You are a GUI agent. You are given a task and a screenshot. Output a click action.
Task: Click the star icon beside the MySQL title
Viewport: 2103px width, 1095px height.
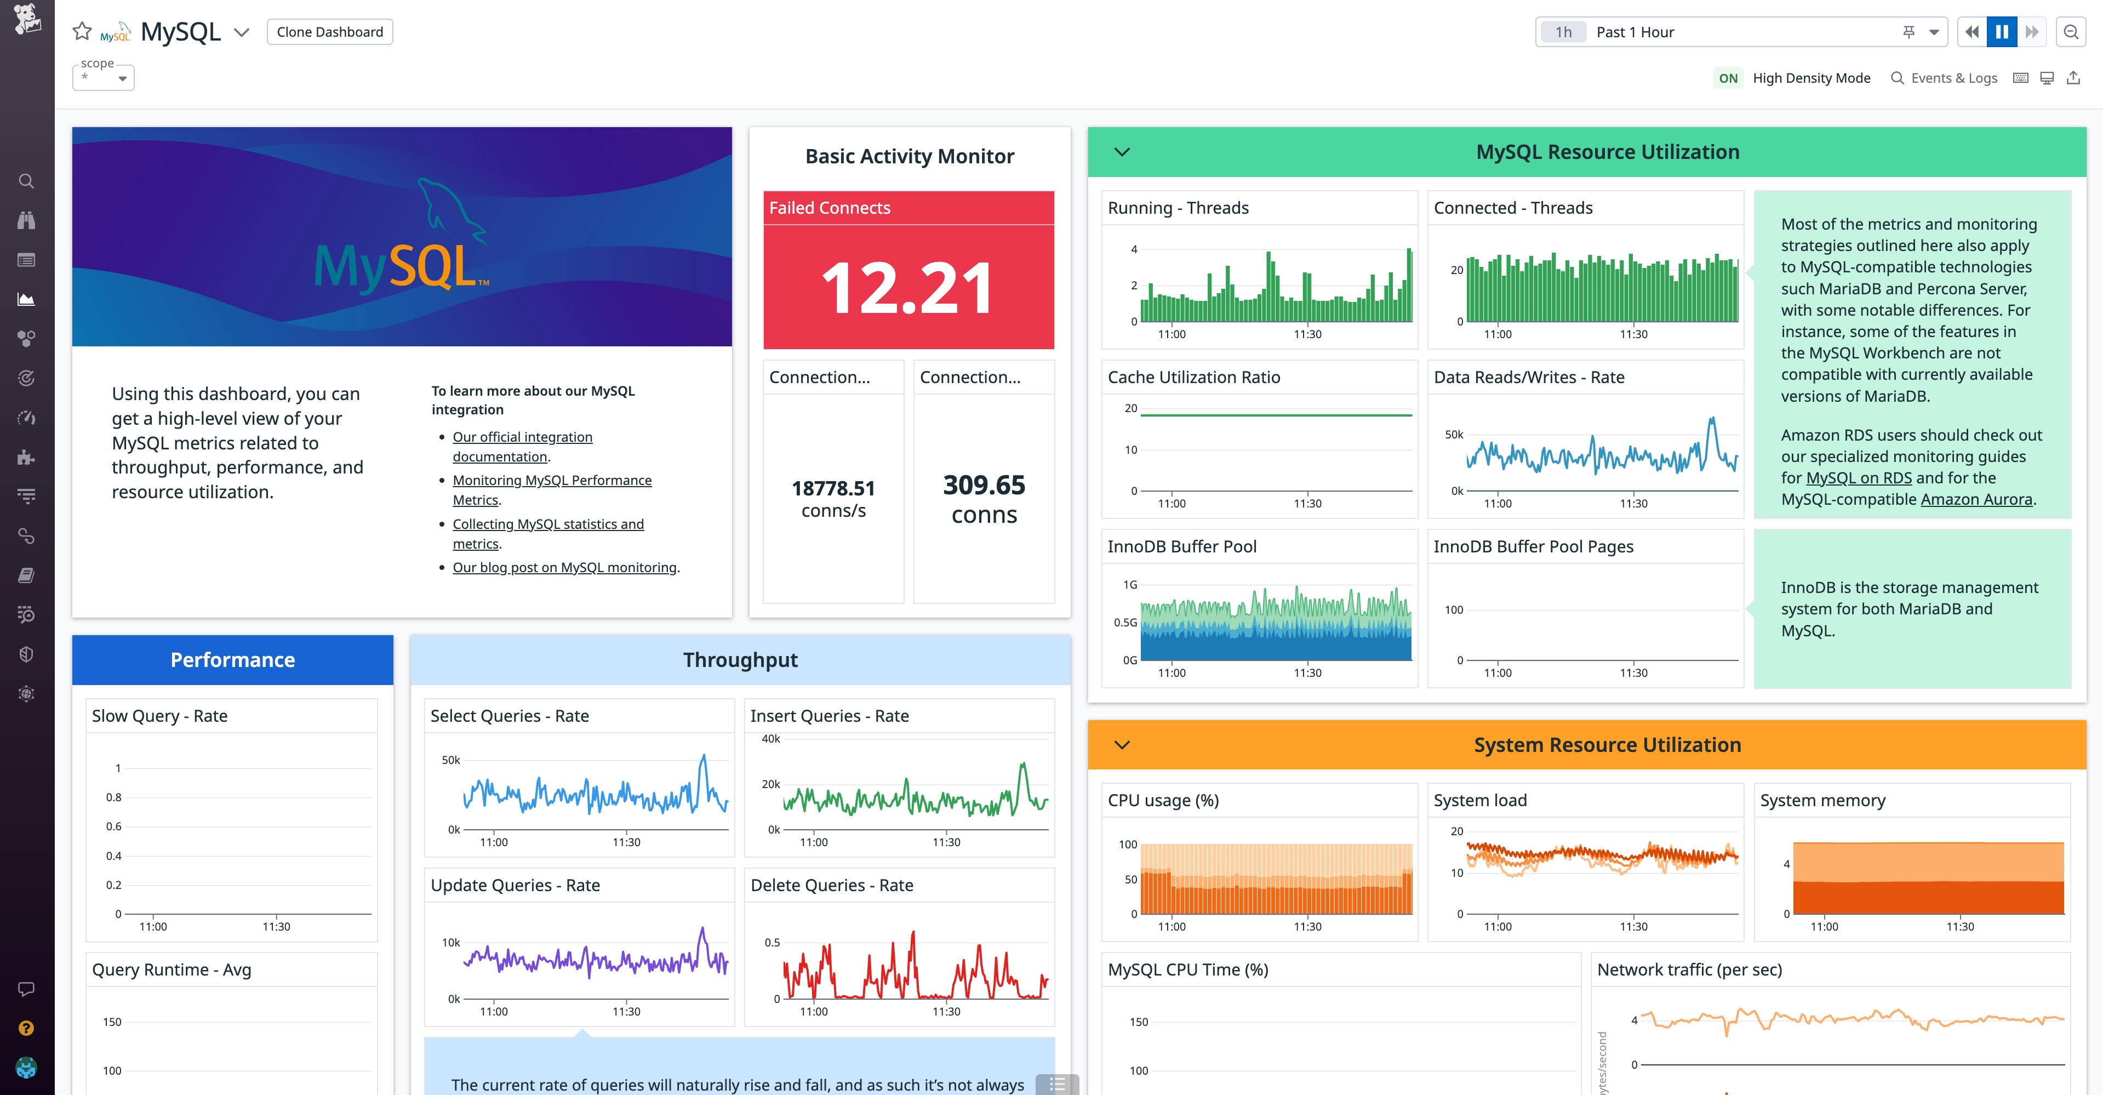pyautogui.click(x=82, y=32)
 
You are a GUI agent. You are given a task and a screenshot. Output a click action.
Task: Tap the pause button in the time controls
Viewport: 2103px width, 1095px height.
pyautogui.click(x=2002, y=32)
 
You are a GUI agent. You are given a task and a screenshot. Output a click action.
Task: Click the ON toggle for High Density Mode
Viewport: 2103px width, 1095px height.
pyautogui.click(x=1728, y=78)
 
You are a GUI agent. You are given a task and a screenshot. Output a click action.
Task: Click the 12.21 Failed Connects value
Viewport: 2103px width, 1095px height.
pyautogui.click(x=908, y=288)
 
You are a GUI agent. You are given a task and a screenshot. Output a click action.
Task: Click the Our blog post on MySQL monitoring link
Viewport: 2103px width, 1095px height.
pyautogui.click(x=565, y=568)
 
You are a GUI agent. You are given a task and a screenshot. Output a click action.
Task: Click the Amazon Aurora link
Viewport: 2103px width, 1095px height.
pyautogui.click(x=1976, y=500)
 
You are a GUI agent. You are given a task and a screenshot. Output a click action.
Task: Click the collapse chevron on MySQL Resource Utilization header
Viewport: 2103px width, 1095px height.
pyautogui.click(x=1122, y=152)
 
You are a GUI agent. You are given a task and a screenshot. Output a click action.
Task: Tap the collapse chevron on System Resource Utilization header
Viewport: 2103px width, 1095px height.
pyautogui.click(x=1122, y=745)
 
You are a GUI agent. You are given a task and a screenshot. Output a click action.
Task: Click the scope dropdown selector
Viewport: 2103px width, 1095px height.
pyautogui.click(x=104, y=78)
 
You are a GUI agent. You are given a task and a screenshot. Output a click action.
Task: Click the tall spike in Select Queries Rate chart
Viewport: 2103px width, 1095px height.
pyautogui.click(x=703, y=760)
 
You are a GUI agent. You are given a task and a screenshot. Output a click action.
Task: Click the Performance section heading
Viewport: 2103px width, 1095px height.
pyautogui.click(x=233, y=660)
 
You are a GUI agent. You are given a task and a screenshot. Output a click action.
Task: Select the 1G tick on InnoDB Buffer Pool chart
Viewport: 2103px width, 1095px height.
pyautogui.click(x=1130, y=585)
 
